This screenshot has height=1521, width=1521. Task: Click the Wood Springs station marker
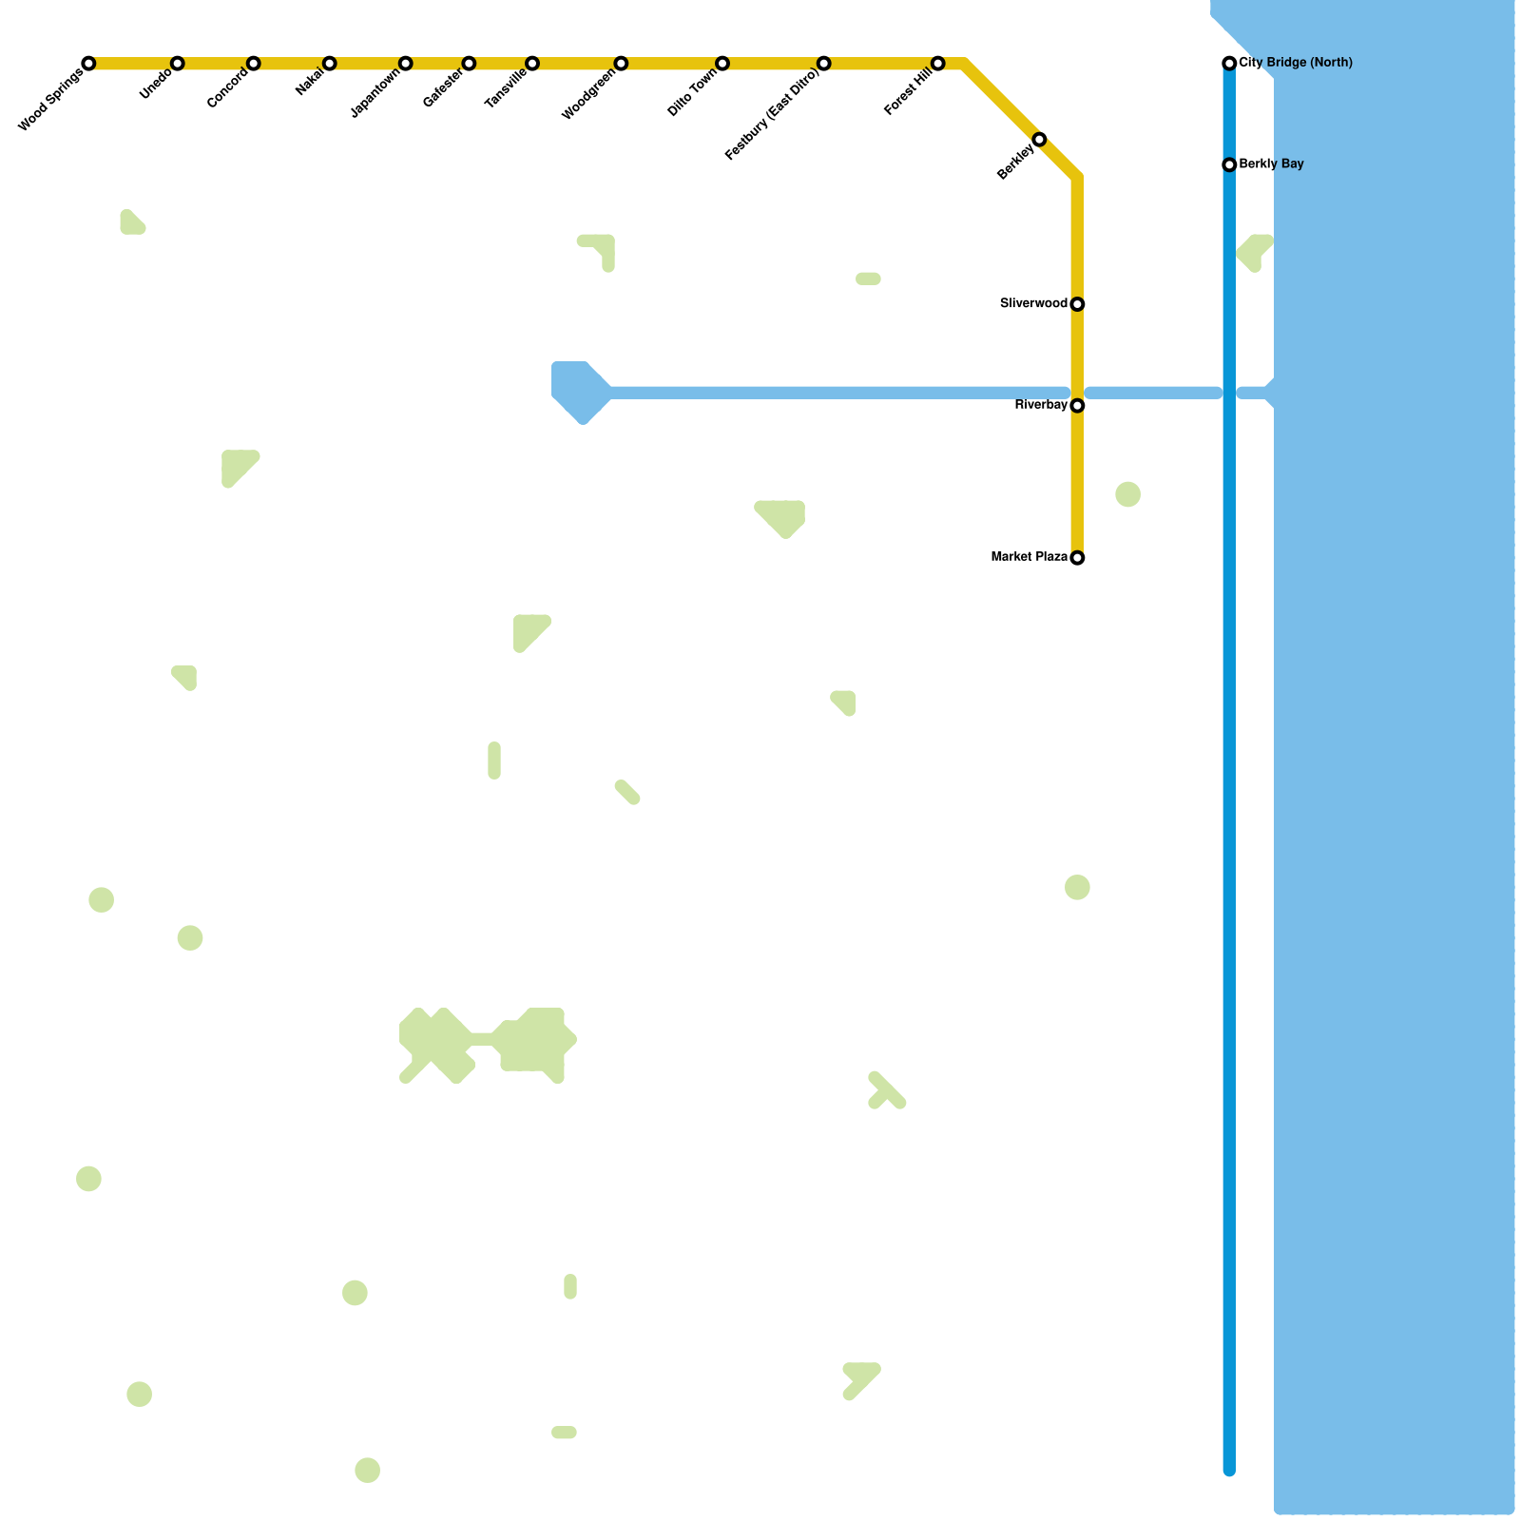[88, 64]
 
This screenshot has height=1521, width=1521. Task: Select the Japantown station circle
[406, 64]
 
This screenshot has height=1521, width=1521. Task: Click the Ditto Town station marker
[722, 64]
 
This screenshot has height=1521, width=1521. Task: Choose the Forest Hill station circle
[938, 64]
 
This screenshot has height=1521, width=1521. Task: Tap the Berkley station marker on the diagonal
[1039, 140]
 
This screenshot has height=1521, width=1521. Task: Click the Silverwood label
[1033, 304]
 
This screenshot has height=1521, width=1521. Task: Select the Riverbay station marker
[1077, 406]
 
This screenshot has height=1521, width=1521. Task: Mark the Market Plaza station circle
[1077, 558]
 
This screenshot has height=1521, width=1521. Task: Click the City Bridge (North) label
[1296, 64]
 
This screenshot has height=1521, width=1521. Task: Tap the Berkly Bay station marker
[1229, 165]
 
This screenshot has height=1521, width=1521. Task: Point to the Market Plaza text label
[1029, 557]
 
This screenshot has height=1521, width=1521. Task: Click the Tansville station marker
[532, 64]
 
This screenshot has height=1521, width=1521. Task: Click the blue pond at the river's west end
[580, 391]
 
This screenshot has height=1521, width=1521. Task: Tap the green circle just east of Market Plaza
[1127, 494]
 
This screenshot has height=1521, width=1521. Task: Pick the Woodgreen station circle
[621, 64]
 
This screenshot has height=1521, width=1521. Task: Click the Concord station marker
[254, 64]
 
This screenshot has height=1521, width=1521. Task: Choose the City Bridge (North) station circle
[1229, 64]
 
